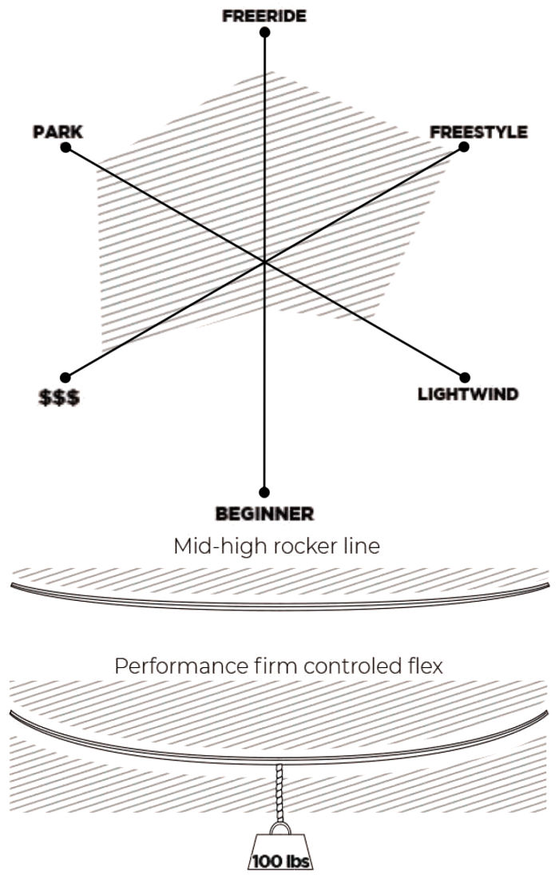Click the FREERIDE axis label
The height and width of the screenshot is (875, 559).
[x=264, y=15]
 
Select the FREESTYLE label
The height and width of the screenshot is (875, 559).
[x=478, y=132]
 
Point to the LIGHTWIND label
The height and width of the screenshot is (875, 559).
[x=468, y=394]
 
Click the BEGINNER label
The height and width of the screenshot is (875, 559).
[x=264, y=513]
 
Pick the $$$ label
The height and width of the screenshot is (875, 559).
[x=60, y=397]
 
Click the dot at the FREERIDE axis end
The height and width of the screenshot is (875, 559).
[x=264, y=33]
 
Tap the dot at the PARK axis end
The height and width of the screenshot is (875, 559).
[x=65, y=148]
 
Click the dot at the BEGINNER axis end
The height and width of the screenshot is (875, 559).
[x=264, y=492]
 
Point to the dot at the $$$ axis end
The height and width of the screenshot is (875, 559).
[x=65, y=377]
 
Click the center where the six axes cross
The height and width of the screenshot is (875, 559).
[x=264, y=262]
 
